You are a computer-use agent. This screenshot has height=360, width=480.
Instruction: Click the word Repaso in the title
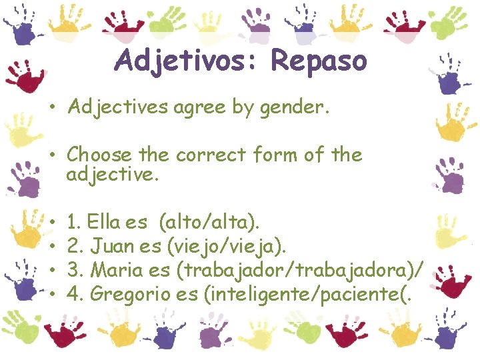319,61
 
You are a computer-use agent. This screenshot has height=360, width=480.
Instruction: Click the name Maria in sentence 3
115,270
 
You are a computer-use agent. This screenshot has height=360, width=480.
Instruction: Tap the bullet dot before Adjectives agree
51,108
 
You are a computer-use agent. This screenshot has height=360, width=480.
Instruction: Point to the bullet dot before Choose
51,155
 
